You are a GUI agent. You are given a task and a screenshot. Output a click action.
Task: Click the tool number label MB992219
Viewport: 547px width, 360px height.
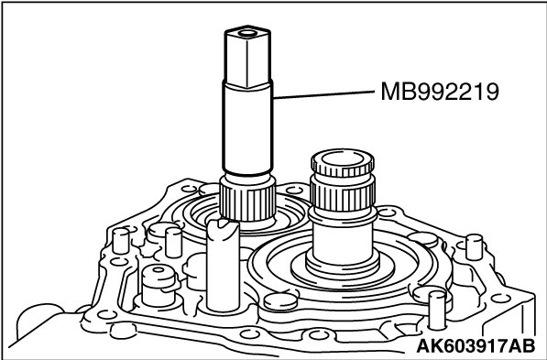tap(440, 92)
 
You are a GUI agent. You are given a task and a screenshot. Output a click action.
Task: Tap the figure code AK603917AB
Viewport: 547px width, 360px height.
tap(476, 346)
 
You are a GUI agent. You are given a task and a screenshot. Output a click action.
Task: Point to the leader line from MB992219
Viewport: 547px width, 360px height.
tap(323, 94)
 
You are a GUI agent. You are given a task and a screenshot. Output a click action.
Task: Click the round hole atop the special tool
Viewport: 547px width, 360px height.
tap(247, 34)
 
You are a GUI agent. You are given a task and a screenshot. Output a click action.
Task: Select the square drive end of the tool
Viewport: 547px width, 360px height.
tap(247, 57)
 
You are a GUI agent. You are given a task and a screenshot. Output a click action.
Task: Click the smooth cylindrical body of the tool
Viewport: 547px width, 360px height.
tap(247, 128)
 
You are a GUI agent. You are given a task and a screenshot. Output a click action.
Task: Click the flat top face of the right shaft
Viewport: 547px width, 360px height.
tap(343, 158)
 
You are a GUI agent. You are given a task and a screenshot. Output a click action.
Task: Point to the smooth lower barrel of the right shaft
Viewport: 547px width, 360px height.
tap(343, 242)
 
